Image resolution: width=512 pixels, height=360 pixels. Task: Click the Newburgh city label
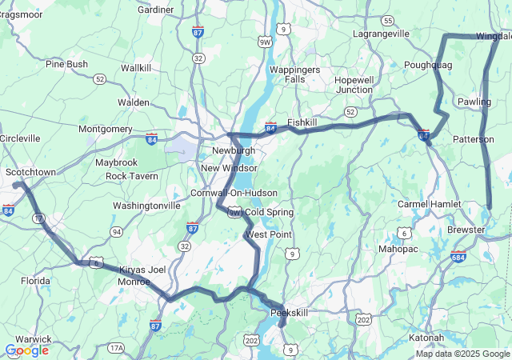pyautogui.click(x=234, y=150)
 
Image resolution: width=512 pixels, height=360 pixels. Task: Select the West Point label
pyautogui.click(x=269, y=234)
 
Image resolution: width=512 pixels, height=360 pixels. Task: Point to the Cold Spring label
pyautogui.click(x=269, y=212)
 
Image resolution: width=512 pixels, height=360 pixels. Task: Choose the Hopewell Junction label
pyautogui.click(x=354, y=85)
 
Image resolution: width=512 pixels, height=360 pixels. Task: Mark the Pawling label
pyautogui.click(x=474, y=102)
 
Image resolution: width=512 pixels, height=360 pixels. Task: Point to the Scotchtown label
pyautogui.click(x=30, y=172)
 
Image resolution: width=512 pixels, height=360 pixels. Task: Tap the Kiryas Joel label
pyautogui.click(x=142, y=270)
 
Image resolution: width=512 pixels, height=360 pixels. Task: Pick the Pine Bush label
pyautogui.click(x=66, y=64)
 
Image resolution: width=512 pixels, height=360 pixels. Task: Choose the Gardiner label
pyautogui.click(x=156, y=10)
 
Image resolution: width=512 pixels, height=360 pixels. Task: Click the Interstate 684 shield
pyautogui.click(x=458, y=258)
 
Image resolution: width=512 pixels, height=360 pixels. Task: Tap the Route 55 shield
pyautogui.click(x=387, y=20)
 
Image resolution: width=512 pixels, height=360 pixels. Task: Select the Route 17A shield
pyautogui.click(x=117, y=347)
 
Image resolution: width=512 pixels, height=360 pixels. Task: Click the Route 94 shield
pyautogui.click(x=117, y=232)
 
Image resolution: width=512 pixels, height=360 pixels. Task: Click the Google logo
pyautogui.click(x=26, y=350)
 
